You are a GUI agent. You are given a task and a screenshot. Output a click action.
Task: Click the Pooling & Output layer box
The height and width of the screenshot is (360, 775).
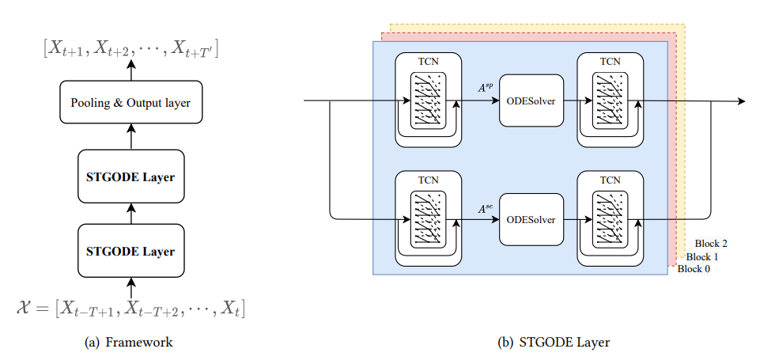click(x=130, y=103)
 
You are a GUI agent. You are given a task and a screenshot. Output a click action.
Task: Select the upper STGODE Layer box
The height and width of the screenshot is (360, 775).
click(x=130, y=176)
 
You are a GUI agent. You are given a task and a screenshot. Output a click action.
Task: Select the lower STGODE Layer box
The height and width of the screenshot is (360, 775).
click(x=130, y=251)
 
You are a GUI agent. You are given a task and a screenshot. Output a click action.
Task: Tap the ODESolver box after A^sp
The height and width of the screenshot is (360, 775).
click(x=531, y=100)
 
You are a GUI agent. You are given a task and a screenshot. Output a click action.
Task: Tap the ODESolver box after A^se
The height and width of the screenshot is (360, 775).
click(x=531, y=219)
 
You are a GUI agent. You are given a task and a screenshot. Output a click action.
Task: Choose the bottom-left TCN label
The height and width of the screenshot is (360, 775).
click(x=428, y=179)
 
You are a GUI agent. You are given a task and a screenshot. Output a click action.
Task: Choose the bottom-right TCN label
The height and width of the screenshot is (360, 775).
click(x=610, y=179)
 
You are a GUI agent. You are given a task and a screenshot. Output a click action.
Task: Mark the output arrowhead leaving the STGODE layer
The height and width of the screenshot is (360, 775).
click(x=740, y=101)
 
